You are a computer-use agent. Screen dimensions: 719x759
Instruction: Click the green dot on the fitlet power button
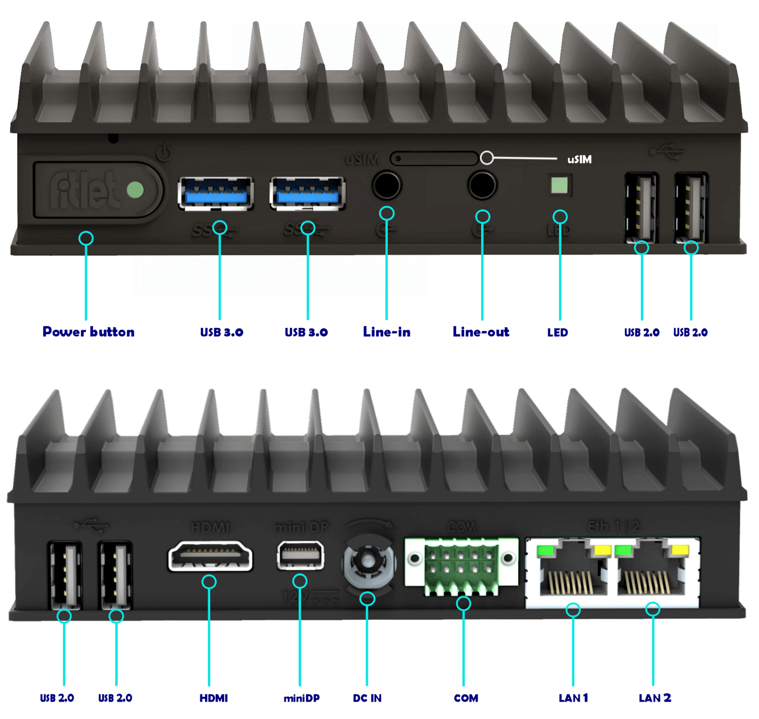tap(135, 190)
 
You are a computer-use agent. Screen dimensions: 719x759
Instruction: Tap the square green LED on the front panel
tap(559, 185)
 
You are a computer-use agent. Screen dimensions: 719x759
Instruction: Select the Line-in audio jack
tap(387, 185)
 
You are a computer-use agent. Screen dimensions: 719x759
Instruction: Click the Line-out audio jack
tap(482, 185)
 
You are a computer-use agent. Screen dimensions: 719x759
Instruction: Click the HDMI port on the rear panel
tap(210, 556)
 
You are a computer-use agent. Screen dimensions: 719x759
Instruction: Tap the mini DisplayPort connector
tap(301, 555)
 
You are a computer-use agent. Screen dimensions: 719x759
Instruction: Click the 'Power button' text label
tap(89, 332)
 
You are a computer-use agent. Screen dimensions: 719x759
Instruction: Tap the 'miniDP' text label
tap(302, 698)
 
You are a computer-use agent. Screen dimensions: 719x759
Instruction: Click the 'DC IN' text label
tap(367, 698)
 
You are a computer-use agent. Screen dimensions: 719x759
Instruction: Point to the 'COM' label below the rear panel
tap(466, 698)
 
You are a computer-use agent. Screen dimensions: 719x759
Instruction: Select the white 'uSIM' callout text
tap(580, 160)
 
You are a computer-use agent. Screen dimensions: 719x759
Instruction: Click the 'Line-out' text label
tap(481, 332)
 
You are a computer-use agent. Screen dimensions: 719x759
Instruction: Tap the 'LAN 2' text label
tap(655, 698)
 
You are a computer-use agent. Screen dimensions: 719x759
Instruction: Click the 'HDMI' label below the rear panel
tap(213, 698)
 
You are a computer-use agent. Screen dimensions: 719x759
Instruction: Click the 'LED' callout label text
tap(558, 333)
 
